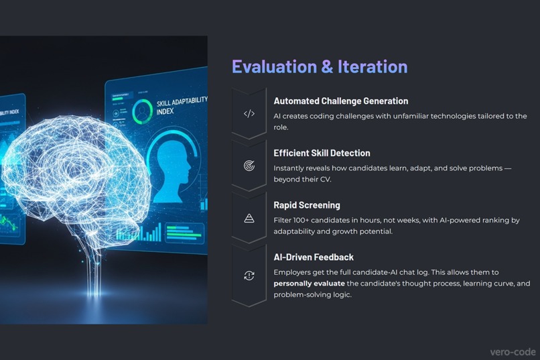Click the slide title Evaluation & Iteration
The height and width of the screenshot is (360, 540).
pos(320,66)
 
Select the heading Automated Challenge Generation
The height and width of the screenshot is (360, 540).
pos(340,101)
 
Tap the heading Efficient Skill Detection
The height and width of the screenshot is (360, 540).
pos(322,153)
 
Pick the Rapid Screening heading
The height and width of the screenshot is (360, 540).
pos(306,205)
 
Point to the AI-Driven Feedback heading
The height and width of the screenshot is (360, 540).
pos(314,257)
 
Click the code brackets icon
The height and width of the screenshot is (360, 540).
pos(249,114)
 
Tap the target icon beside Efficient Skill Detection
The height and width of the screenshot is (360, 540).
pos(249,166)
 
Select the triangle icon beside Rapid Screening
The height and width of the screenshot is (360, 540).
pos(249,218)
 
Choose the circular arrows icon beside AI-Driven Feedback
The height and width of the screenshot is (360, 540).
pos(249,276)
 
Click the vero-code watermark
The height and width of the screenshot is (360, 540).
pos(512,351)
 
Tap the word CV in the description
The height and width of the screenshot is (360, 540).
pos(325,180)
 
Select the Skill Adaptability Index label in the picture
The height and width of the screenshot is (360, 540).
pos(181,106)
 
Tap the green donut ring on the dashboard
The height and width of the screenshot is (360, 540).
pos(142,112)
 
